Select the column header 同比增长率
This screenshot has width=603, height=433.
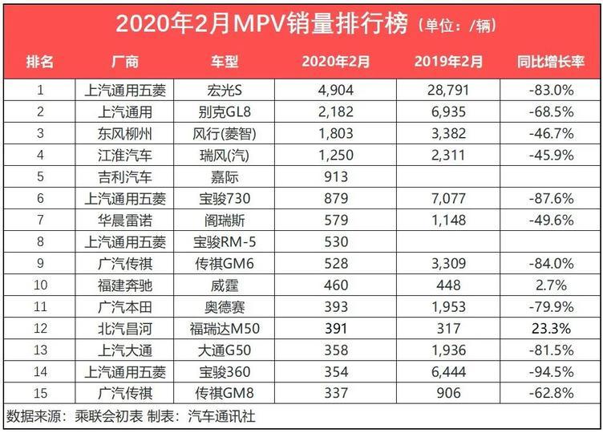550,62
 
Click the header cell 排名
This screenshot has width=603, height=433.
40,62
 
